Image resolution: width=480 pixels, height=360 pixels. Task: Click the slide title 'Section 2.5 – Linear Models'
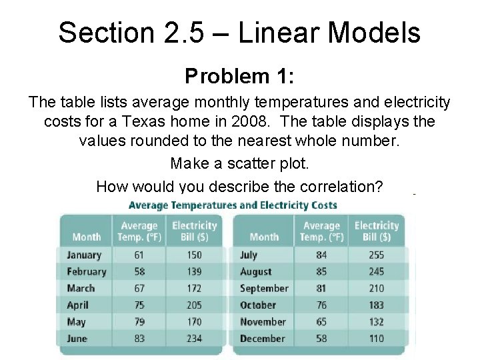click(239, 32)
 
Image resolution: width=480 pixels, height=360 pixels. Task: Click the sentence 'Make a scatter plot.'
click(239, 163)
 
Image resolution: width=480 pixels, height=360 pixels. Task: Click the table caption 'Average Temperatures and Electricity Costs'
click(233, 205)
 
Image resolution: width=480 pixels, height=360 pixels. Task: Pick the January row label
click(84, 255)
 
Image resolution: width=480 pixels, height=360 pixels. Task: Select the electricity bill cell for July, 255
click(376, 255)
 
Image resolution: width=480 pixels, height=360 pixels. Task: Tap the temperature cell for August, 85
click(321, 271)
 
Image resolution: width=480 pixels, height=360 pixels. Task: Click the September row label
click(264, 288)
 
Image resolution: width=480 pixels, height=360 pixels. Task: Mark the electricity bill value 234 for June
click(194, 338)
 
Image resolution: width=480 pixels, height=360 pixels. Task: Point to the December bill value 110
click(376, 338)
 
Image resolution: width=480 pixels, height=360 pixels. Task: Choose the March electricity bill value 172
click(194, 288)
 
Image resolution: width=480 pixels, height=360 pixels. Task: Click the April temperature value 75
click(139, 305)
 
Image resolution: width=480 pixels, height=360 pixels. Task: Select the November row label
click(263, 321)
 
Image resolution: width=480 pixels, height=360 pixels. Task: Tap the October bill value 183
click(376, 305)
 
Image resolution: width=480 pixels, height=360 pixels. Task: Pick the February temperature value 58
click(139, 271)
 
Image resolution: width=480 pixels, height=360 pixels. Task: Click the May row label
click(77, 321)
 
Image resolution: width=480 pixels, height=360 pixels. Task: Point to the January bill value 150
click(194, 255)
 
